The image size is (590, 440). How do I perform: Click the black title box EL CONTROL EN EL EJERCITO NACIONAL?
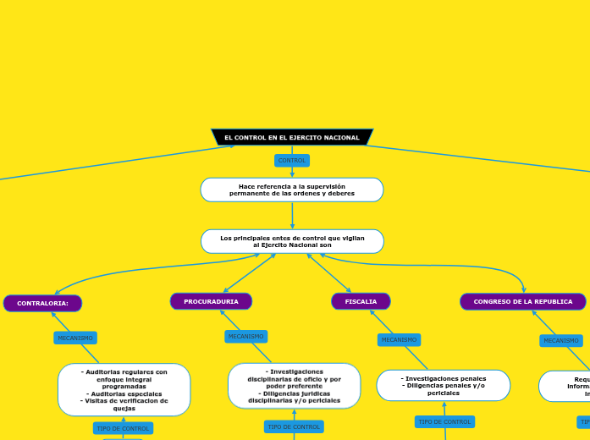[292, 137]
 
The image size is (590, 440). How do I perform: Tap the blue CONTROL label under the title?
[292, 160]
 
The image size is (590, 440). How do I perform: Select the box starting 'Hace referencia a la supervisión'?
[292, 190]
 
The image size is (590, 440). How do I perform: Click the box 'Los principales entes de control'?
[292, 241]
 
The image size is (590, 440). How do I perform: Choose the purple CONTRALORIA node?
[42, 303]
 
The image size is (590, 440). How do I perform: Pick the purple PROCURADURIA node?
[211, 301]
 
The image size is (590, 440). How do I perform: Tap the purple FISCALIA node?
[361, 301]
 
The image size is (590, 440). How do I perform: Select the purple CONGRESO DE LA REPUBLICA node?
[522, 301]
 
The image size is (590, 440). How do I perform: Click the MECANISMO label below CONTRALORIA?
[75, 338]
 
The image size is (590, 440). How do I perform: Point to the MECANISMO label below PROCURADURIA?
[245, 336]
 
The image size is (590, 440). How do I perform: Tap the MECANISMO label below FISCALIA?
[399, 339]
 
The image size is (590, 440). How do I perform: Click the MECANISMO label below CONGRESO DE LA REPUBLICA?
[561, 340]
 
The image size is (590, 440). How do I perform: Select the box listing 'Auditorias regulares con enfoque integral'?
[124, 389]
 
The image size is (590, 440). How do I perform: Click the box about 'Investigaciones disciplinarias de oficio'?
[294, 386]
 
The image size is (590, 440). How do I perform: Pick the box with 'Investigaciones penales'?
[444, 385]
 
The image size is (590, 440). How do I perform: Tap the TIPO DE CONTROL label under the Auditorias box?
[123, 428]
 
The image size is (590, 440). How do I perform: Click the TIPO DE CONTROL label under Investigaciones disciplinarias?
[294, 426]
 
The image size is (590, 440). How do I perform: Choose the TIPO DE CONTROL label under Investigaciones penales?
[444, 421]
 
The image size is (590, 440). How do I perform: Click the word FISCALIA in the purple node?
[361, 301]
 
